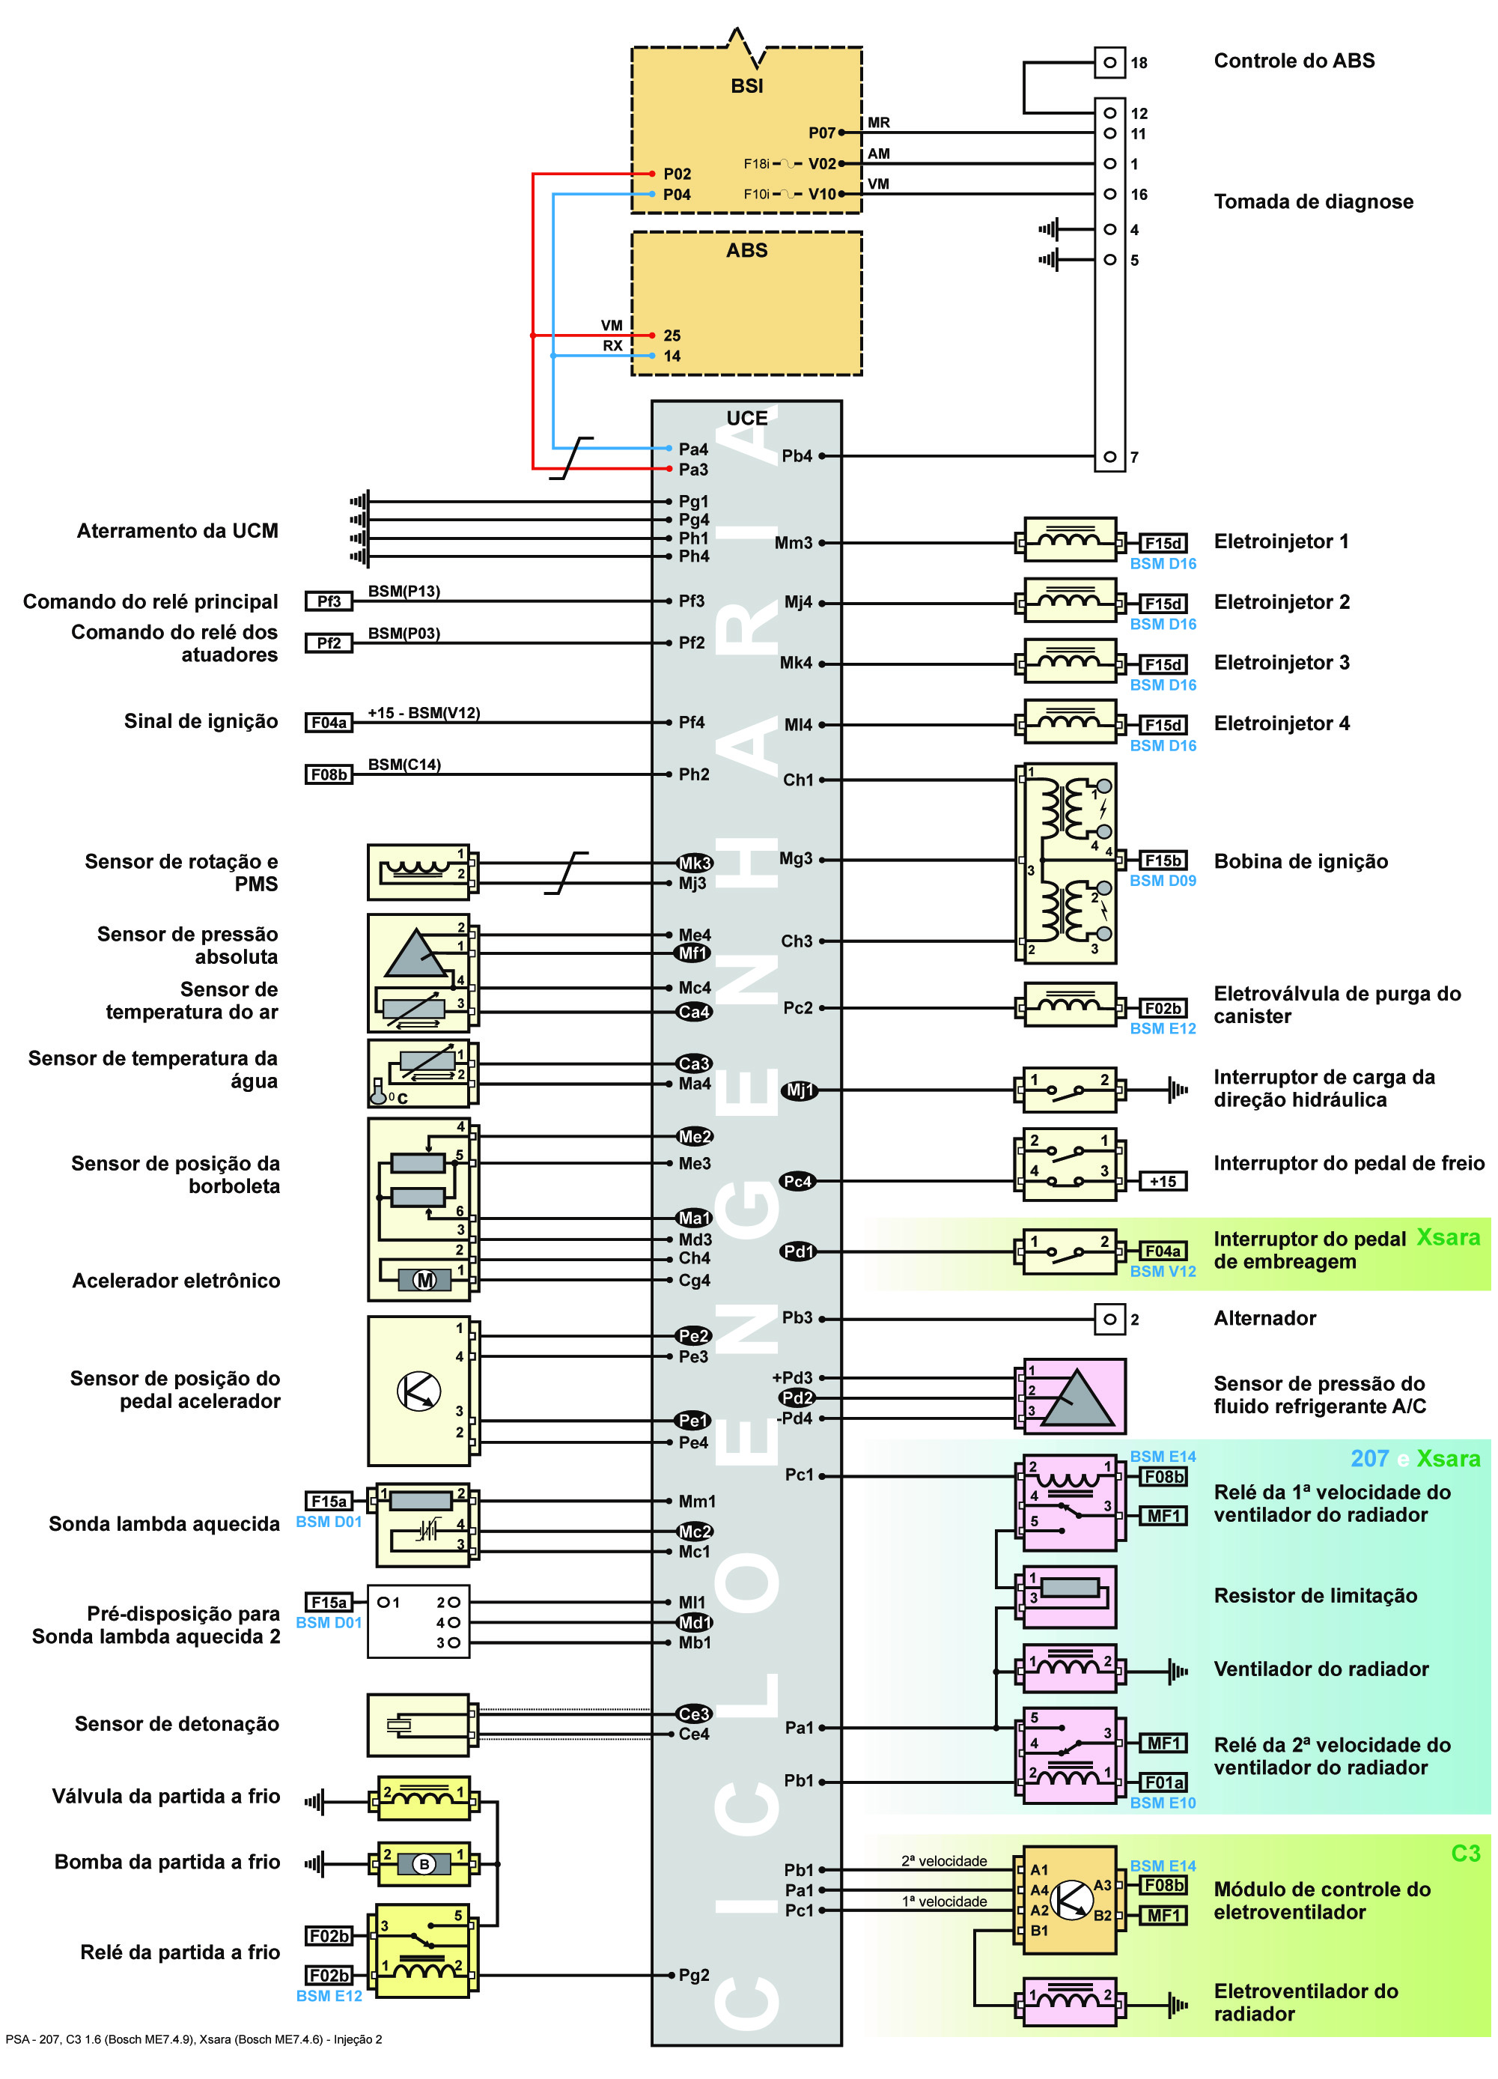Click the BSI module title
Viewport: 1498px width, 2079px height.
(746, 86)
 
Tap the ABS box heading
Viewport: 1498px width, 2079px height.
(746, 251)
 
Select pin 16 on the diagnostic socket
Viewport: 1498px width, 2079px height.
(1109, 194)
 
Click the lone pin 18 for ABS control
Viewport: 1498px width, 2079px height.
(1109, 63)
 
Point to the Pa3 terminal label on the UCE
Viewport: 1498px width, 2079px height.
(692, 470)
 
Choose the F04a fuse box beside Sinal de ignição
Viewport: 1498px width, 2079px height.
(329, 723)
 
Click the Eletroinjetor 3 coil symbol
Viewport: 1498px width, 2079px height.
(1069, 663)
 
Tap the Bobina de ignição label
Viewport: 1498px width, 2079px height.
(1300, 862)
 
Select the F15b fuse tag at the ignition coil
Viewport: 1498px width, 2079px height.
(1163, 861)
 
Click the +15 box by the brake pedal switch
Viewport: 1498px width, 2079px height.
(1163, 1182)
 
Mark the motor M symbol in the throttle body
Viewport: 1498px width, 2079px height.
(424, 1281)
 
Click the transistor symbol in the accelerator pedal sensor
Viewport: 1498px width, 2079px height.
(418, 1391)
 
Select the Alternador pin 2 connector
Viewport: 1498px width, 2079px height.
(1109, 1319)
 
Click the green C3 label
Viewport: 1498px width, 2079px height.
(1465, 1853)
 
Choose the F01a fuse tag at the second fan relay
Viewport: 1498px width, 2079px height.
(1163, 1782)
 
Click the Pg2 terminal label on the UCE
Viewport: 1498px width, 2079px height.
(693, 1976)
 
